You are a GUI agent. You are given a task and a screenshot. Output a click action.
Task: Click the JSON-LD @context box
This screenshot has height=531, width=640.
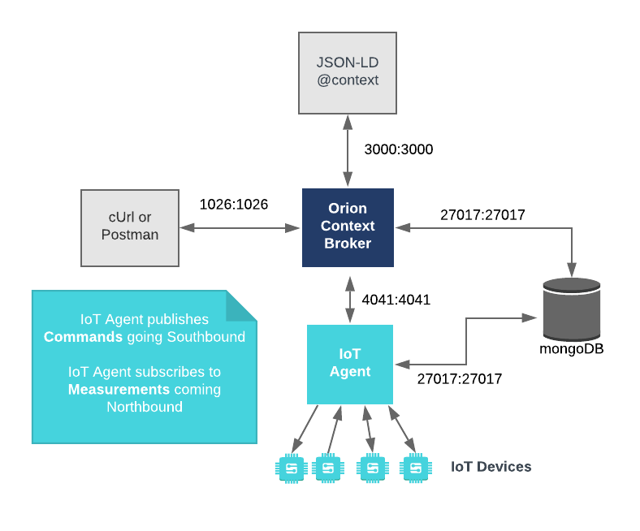pyautogui.click(x=348, y=73)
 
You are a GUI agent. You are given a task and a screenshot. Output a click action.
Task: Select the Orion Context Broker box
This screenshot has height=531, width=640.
pyautogui.click(x=348, y=227)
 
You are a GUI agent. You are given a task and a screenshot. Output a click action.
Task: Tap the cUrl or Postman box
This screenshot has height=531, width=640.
pyautogui.click(x=130, y=227)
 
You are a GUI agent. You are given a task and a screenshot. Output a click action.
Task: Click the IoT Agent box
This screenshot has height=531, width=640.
pyautogui.click(x=350, y=364)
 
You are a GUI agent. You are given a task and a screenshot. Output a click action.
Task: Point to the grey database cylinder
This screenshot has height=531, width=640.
pyautogui.click(x=572, y=309)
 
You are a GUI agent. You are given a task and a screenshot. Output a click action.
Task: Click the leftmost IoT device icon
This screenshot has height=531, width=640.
pyautogui.click(x=291, y=468)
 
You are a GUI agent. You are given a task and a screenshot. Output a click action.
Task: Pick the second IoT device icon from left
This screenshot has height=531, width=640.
pyautogui.click(x=327, y=468)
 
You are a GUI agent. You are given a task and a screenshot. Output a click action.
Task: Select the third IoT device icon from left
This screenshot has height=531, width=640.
pyautogui.click(x=372, y=468)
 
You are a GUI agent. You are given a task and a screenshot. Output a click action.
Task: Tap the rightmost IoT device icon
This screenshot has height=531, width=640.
pyautogui.click(x=415, y=468)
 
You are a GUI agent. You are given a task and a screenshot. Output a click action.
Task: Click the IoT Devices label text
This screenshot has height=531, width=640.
pyautogui.click(x=491, y=467)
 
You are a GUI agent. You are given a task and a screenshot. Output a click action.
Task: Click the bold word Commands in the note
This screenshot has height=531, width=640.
pyautogui.click(x=83, y=337)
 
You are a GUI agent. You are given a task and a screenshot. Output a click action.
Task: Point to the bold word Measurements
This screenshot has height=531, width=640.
pyautogui.click(x=119, y=390)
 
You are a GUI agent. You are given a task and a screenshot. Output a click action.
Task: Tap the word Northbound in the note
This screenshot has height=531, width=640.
pyautogui.click(x=145, y=407)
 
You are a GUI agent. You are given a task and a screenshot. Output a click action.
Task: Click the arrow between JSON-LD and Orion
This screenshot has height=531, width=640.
pyautogui.click(x=348, y=150)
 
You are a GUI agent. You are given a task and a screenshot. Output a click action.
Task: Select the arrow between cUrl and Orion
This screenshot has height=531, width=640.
pyautogui.click(x=240, y=228)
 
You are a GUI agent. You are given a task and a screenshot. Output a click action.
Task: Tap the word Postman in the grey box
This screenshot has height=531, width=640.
pyautogui.click(x=130, y=235)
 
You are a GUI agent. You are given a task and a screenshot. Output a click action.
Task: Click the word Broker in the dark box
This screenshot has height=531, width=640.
pyautogui.click(x=348, y=244)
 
